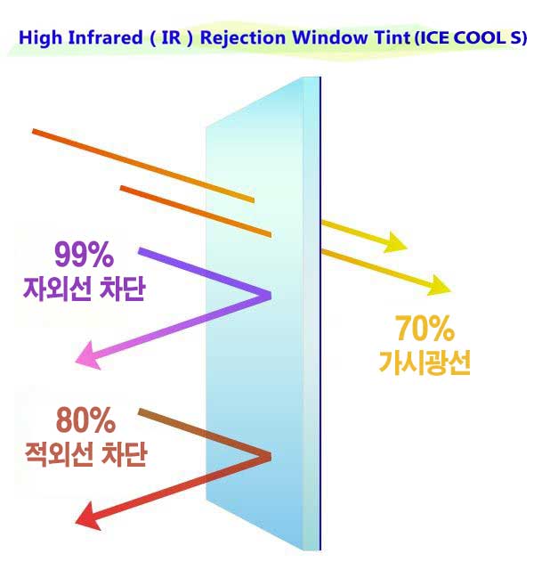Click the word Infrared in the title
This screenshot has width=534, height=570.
click(x=105, y=37)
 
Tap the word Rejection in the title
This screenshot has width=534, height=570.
click(x=243, y=38)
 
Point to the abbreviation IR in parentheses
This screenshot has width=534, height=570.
click(x=171, y=37)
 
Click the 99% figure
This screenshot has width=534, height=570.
click(x=84, y=255)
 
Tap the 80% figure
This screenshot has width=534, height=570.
click(x=85, y=419)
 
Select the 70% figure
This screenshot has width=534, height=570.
click(x=425, y=329)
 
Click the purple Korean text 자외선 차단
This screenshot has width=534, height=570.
click(x=85, y=289)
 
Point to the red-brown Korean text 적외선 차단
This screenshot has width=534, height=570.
click(x=85, y=454)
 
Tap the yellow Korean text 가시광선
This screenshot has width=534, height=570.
click(x=425, y=362)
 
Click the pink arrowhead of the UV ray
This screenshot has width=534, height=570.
click(x=89, y=356)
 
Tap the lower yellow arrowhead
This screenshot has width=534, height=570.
click(x=440, y=286)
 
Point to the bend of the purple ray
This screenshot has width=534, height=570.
click(x=269, y=296)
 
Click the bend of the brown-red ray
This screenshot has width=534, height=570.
click(x=269, y=457)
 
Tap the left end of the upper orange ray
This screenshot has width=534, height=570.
click(x=34, y=131)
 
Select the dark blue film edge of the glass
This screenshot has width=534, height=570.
click(x=320, y=313)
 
